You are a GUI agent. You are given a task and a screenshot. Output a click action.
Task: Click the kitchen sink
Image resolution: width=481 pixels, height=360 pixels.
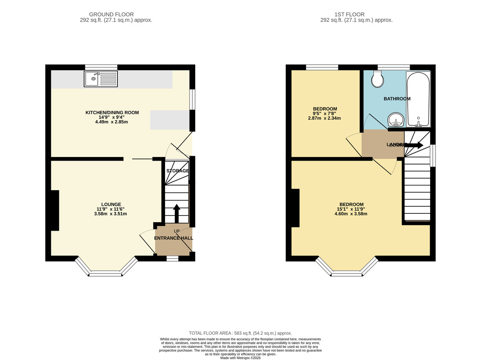pyautogui.click(x=101, y=79)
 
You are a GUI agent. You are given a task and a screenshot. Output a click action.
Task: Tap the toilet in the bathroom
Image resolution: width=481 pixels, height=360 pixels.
pyautogui.click(x=378, y=79)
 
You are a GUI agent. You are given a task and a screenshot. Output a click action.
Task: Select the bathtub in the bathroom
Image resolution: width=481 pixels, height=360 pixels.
pyautogui.click(x=418, y=99)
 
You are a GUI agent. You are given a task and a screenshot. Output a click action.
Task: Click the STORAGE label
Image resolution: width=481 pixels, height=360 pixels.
pyautogui.click(x=178, y=171)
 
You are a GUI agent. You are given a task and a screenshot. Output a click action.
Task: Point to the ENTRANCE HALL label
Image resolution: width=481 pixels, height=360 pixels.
pyautogui.click(x=174, y=238)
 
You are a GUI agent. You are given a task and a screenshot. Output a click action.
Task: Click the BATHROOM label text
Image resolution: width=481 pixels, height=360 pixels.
pyautogui.click(x=397, y=99)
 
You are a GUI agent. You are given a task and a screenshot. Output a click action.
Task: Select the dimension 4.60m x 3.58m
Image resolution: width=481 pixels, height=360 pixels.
pyautogui.click(x=345, y=214)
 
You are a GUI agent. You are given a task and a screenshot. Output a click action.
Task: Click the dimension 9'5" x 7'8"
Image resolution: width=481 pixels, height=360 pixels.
pyautogui.click(x=325, y=113)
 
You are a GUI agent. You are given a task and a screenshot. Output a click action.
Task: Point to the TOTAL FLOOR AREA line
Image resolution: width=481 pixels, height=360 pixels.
pyautogui.click(x=240, y=333)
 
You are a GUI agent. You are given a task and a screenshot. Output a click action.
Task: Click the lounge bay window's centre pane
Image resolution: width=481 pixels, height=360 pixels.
pyautogui.click(x=105, y=274)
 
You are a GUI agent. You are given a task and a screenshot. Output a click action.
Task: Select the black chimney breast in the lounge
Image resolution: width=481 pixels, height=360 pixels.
pyautogui.click(x=55, y=210)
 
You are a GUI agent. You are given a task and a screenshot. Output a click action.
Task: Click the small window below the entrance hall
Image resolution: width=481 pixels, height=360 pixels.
pyautogui.click(x=172, y=259)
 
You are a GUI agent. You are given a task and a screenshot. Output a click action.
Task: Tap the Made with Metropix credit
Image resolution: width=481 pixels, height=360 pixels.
pyautogui.click(x=240, y=358)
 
